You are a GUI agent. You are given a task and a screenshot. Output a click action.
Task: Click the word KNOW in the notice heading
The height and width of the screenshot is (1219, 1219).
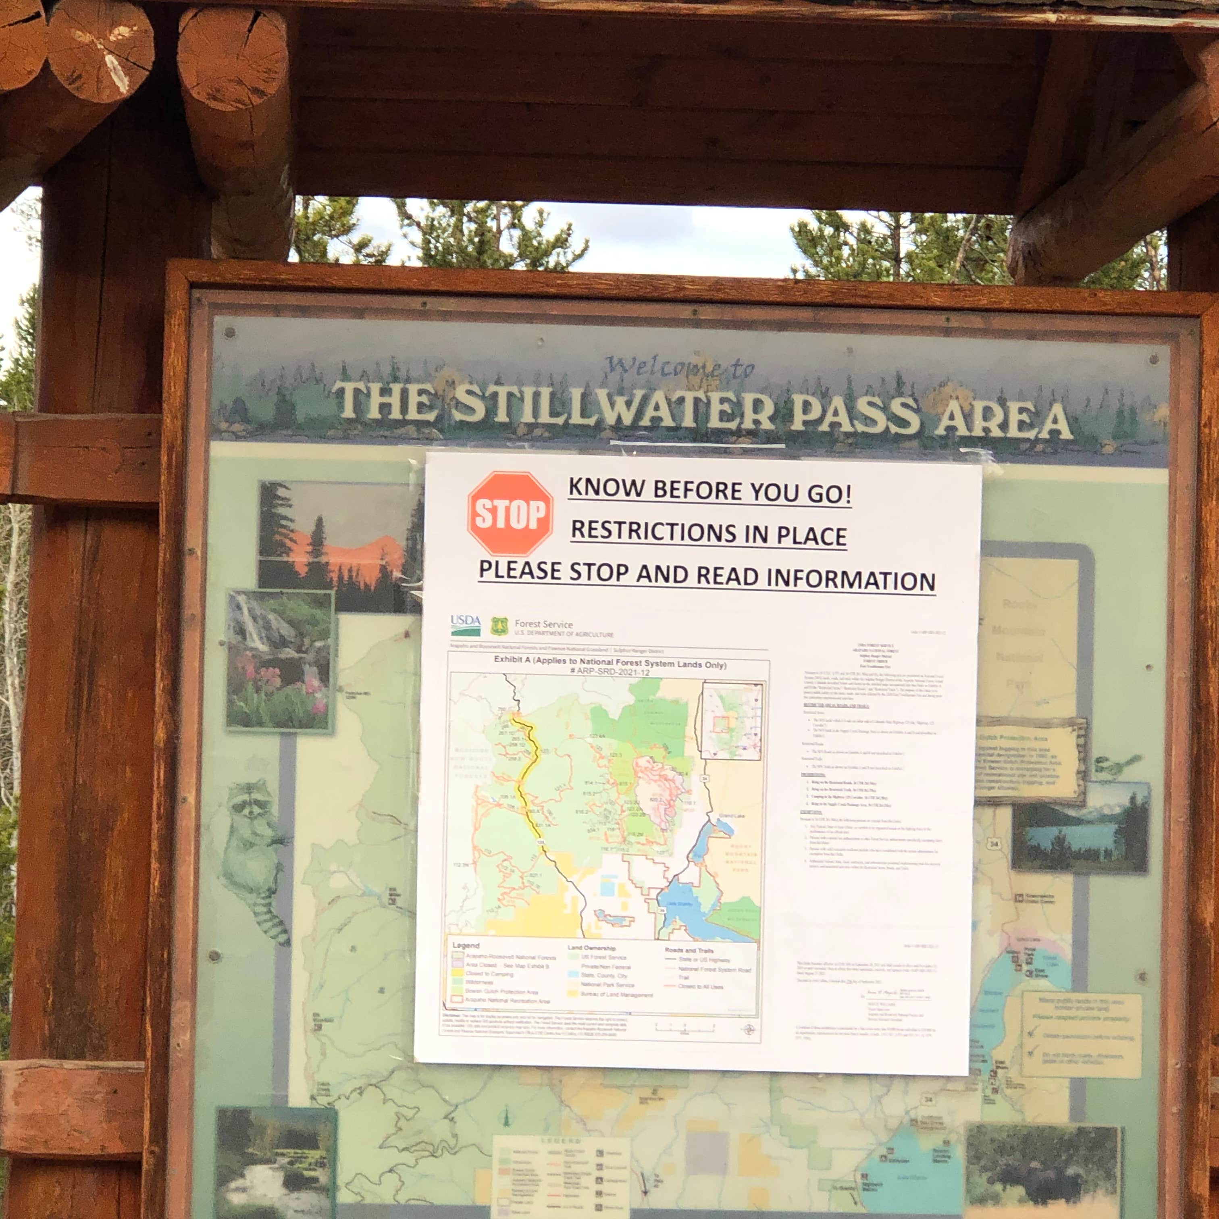[606, 488]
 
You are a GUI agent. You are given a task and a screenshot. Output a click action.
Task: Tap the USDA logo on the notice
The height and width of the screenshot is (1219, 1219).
[466, 625]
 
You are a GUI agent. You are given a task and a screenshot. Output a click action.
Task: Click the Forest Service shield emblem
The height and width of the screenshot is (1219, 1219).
[499, 626]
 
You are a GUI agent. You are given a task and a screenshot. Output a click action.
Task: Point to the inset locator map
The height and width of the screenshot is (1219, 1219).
[732, 720]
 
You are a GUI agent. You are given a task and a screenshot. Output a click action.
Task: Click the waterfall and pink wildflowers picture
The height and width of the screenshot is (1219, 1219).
[279, 660]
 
